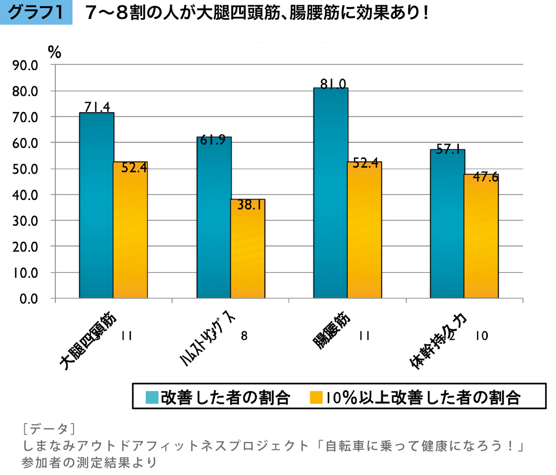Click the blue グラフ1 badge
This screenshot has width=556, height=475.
(36, 12)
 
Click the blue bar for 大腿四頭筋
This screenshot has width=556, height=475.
(96, 208)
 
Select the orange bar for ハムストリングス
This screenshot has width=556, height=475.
(248, 252)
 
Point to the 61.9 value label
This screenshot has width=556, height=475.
(213, 140)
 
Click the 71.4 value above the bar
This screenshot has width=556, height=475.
(97, 107)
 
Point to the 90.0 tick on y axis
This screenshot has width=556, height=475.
(25, 66)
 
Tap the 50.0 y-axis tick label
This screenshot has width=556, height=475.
(25, 169)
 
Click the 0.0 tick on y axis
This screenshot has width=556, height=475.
(29, 299)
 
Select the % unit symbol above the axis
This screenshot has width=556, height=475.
(54, 52)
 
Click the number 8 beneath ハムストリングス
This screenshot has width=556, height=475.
(244, 336)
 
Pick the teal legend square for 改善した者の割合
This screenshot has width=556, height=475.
(152, 397)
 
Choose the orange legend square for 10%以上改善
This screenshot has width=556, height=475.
(316, 397)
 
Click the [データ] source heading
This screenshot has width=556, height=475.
(49, 429)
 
